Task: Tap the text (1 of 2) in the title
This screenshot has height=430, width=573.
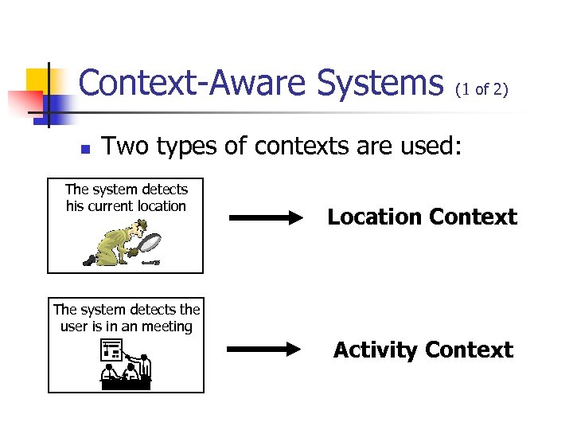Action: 481,89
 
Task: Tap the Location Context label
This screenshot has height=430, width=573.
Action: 422,217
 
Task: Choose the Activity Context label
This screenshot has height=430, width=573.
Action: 423,350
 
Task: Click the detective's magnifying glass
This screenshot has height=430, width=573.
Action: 150,241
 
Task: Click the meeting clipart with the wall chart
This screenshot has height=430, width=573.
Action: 126,362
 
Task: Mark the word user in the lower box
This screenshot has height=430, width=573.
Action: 75,326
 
